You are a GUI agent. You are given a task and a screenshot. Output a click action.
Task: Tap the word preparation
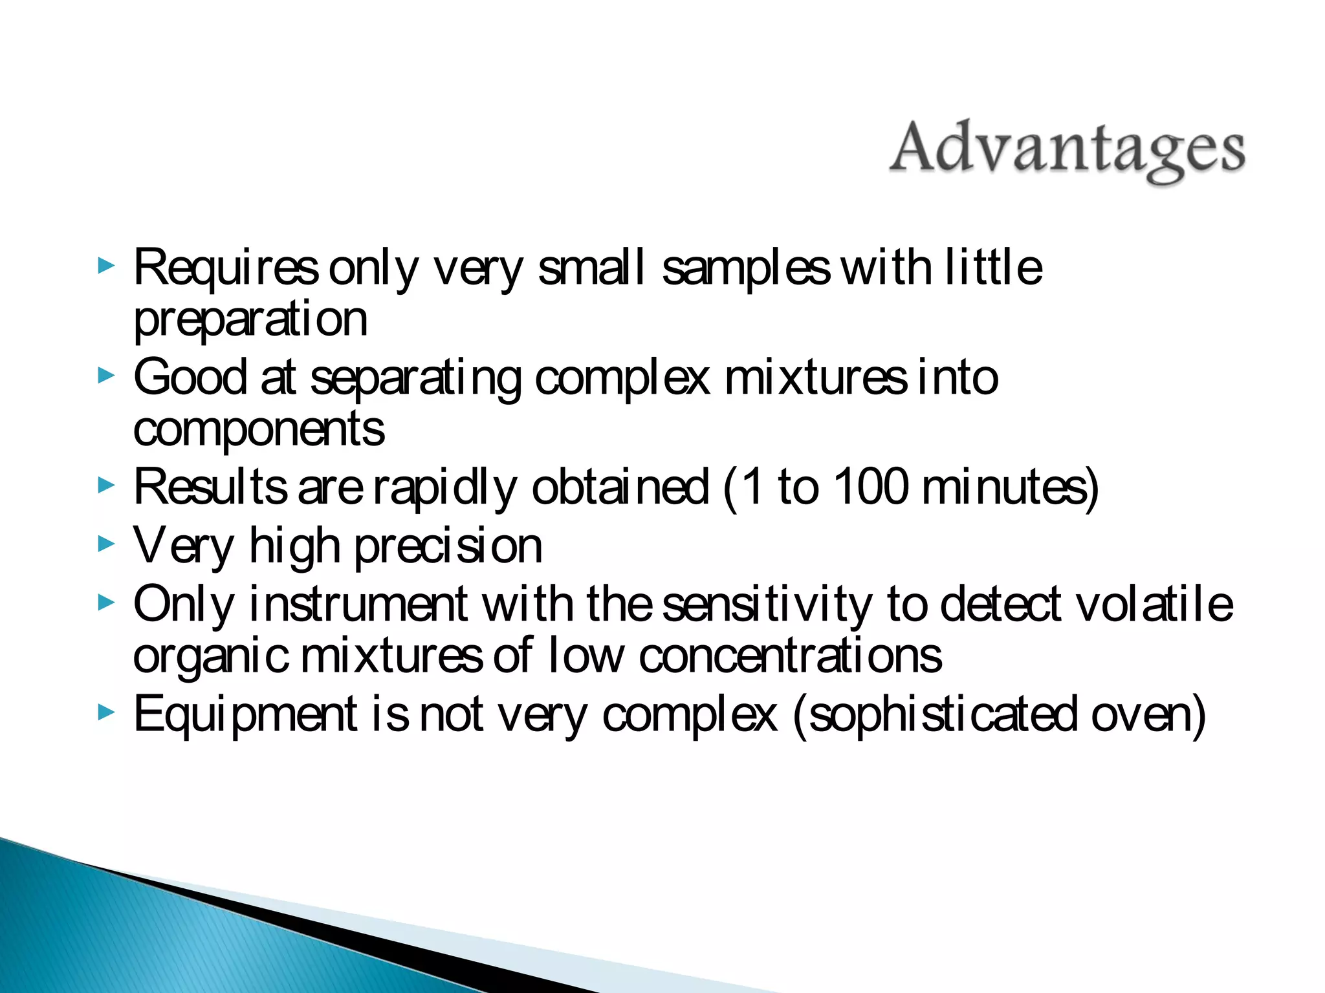coord(250,319)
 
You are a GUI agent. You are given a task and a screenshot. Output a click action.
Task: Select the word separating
coord(415,379)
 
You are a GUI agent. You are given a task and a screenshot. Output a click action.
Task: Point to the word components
coord(259,429)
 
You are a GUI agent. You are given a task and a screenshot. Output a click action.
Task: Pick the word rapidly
coord(445,489)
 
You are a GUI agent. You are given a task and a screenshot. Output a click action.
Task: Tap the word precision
coord(448,547)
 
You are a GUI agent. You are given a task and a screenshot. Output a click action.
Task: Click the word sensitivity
coord(767,605)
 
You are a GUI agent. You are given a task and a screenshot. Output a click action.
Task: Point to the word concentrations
coord(790,657)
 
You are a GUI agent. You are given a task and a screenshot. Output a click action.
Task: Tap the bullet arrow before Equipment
coord(106,712)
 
